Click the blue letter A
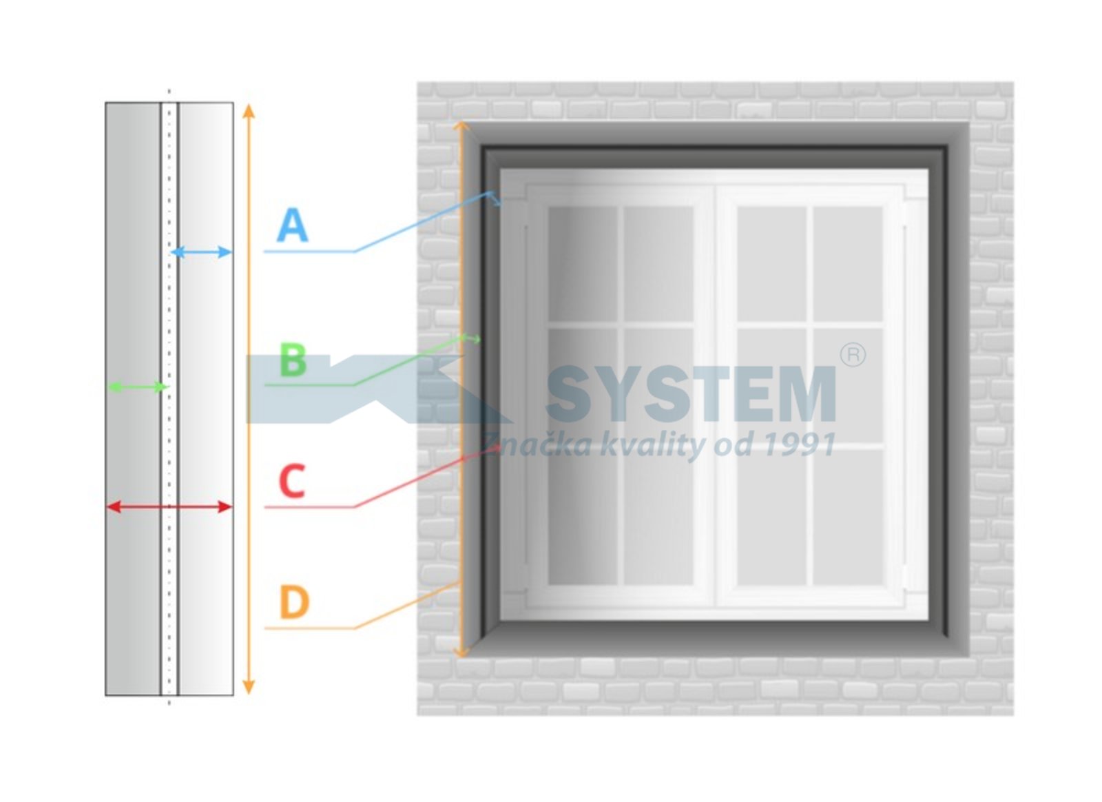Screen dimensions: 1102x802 tap(292, 225)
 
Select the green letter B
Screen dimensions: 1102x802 tap(293, 360)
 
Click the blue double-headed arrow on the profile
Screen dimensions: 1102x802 tap(201, 252)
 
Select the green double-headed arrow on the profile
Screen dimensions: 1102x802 tap(138, 387)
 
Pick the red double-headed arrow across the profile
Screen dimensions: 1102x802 tap(169, 507)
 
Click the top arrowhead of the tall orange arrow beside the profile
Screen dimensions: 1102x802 tap(249, 110)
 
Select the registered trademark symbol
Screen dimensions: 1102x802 tap(853, 356)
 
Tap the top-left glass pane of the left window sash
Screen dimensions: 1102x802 tap(583, 264)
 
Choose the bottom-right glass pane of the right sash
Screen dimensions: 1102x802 tap(848, 517)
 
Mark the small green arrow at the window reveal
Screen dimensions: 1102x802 tap(471, 338)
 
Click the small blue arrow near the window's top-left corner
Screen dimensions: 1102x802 tap(495, 199)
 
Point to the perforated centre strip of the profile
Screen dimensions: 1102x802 tap(169, 398)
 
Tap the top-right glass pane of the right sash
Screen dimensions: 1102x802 tap(848, 264)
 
